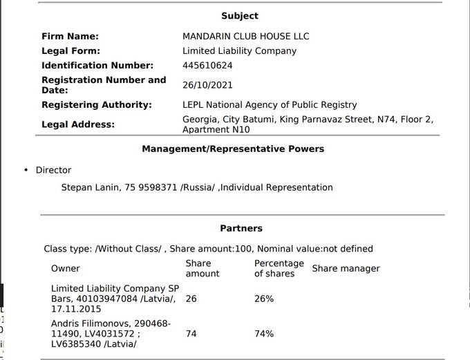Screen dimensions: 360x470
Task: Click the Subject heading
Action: tap(240, 16)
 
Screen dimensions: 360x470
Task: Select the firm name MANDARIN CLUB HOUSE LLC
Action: tap(245, 36)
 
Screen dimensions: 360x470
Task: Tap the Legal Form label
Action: tap(70, 50)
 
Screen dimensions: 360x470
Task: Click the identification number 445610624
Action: tap(207, 66)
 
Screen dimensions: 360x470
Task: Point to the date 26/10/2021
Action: tap(207, 85)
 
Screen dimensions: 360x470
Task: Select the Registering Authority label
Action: tap(96, 105)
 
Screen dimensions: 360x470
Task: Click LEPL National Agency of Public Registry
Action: tap(270, 105)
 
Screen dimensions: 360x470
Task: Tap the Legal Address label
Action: tap(77, 124)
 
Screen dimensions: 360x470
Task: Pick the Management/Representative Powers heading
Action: tap(233, 149)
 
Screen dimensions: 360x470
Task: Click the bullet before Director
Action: tap(26, 170)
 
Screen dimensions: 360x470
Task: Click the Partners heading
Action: tap(241, 228)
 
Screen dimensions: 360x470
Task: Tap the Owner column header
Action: tap(65, 268)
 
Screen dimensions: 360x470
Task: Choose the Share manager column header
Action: tap(346, 268)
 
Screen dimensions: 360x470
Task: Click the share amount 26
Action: tap(191, 299)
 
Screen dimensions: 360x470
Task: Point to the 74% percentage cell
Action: tap(264, 334)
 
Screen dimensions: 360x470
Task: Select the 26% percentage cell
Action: tap(264, 299)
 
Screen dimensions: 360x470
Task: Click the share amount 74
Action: tap(191, 334)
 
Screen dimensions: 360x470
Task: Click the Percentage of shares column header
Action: tap(279, 268)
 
